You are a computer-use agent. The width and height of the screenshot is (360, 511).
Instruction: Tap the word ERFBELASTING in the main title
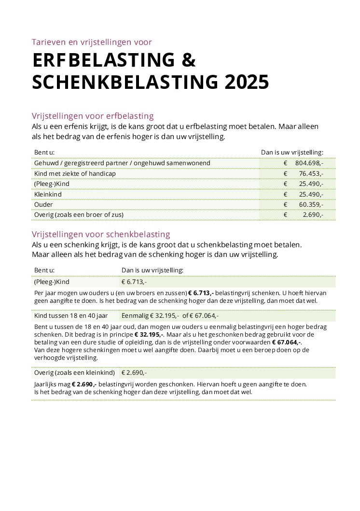point(97,60)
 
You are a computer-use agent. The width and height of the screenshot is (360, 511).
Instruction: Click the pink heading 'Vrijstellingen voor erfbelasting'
point(93,116)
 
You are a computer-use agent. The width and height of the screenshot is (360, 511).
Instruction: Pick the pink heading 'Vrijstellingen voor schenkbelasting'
point(101,234)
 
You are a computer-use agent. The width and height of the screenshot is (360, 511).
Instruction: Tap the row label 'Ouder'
point(43,204)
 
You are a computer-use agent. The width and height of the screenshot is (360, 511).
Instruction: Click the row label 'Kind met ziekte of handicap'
point(75,173)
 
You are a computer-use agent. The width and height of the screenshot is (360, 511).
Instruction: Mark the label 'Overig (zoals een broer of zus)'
point(79,214)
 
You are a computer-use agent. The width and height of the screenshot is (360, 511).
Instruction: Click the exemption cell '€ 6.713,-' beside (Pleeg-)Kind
point(134,282)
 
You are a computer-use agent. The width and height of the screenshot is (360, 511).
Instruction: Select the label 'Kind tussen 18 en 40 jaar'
point(71,316)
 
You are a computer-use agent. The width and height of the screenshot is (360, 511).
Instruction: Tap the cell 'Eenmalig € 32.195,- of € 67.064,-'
point(170,316)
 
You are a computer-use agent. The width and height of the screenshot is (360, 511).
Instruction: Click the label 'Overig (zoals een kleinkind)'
point(74,372)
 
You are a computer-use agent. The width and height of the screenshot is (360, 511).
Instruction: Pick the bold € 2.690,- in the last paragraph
point(84,384)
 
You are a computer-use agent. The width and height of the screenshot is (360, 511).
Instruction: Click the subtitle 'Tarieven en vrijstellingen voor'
point(92,42)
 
